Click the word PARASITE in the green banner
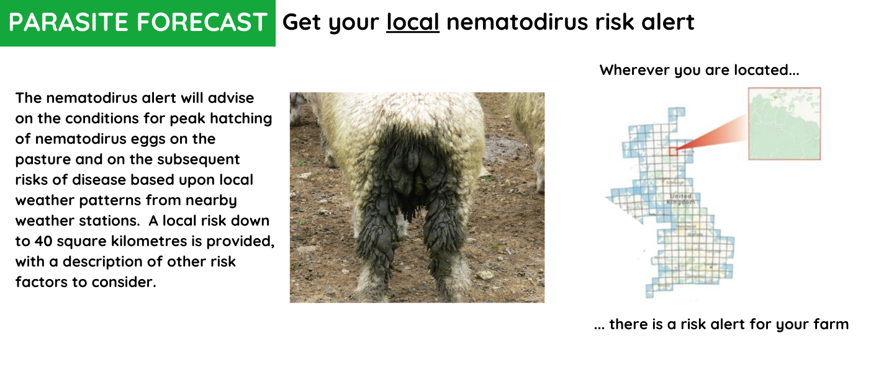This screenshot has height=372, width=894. click(68, 23)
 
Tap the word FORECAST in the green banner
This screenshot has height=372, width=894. click(202, 23)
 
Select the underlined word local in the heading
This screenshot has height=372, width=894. click(412, 22)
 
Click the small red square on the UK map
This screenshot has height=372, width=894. click(673, 151)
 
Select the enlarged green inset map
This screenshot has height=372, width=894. click(785, 123)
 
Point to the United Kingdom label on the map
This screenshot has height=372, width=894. click(681, 199)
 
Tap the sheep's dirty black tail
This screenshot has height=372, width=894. click(410, 167)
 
